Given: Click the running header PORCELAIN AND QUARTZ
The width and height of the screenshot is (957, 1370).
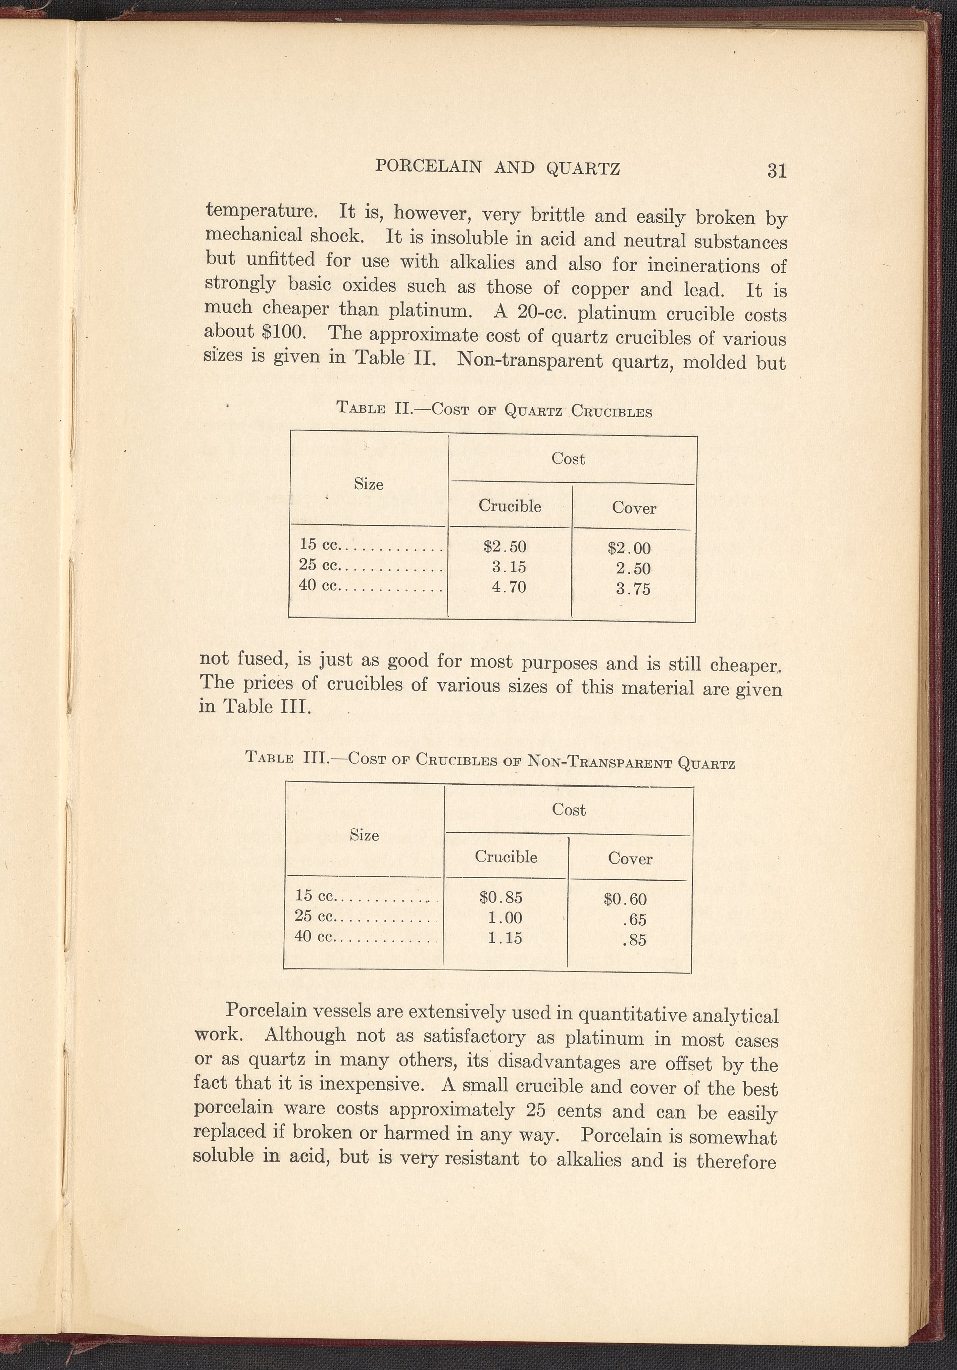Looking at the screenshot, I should tap(498, 168).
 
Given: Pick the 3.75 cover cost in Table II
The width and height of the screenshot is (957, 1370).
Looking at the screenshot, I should tap(633, 590).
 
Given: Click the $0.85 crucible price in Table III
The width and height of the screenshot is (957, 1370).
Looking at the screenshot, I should tap(501, 897).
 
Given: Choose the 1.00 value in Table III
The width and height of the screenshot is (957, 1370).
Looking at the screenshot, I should tap(505, 918).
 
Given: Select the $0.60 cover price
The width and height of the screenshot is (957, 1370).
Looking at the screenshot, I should tap(625, 899).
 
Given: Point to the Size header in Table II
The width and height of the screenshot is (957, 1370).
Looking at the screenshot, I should tap(368, 484).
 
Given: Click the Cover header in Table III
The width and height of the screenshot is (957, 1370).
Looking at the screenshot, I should tap(630, 859).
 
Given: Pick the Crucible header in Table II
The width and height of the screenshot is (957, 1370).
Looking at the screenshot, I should tap(510, 506).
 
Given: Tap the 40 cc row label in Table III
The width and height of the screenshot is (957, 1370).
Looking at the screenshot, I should tap(315, 937).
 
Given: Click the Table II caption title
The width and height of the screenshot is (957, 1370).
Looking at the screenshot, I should tap(494, 410).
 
